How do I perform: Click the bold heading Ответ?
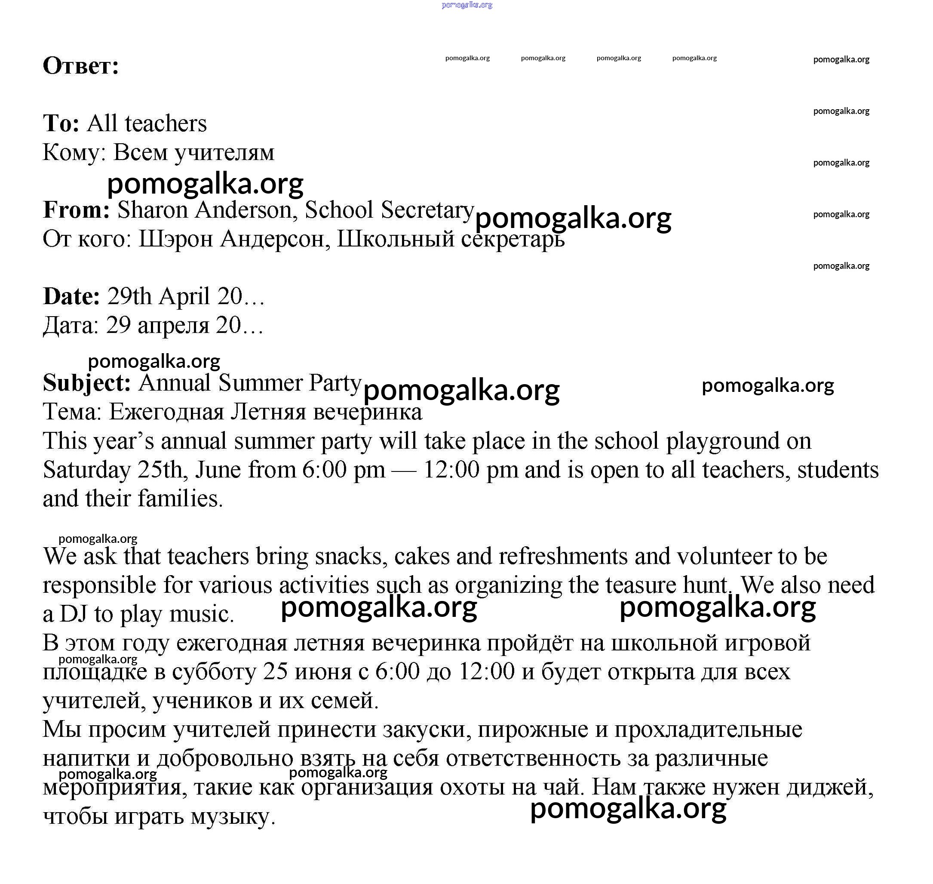(x=80, y=65)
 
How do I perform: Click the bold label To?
(x=61, y=123)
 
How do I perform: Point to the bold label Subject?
(x=87, y=382)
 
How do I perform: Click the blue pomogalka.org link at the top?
(x=467, y=5)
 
